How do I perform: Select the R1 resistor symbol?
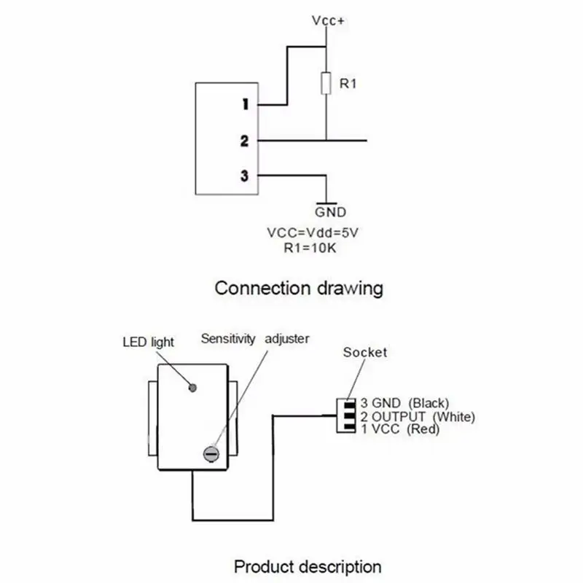click(326, 84)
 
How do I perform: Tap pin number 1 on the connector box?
click(246, 104)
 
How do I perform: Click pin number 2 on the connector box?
click(245, 141)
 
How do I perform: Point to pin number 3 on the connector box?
click(245, 176)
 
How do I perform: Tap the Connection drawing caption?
click(299, 288)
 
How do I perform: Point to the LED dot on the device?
click(194, 388)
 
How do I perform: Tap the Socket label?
click(365, 353)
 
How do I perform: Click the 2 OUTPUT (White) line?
click(418, 417)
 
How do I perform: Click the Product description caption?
click(308, 566)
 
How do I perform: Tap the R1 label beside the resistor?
click(348, 84)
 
